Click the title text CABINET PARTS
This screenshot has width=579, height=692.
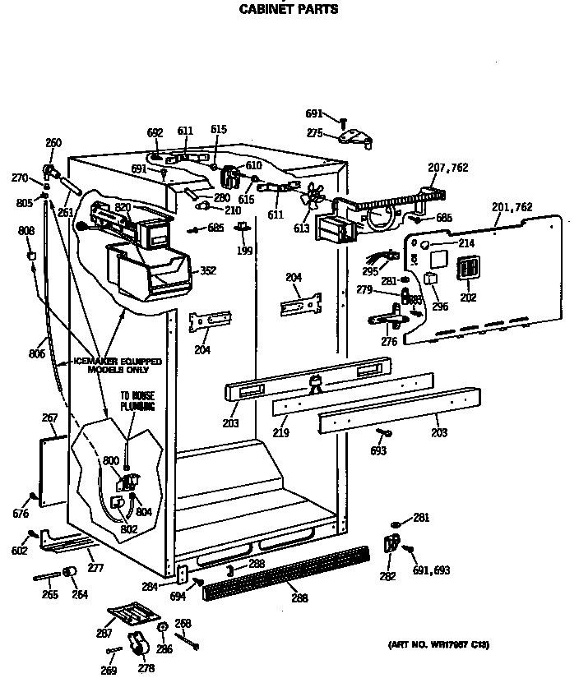[x=288, y=10]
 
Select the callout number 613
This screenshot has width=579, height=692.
[x=302, y=228]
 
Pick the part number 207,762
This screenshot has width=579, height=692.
[x=448, y=168]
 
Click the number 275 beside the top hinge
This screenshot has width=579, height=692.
[x=315, y=132]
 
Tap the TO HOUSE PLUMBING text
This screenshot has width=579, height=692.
[x=137, y=400]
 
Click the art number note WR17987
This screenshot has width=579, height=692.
[x=438, y=644]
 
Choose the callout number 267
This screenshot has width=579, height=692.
[x=49, y=418]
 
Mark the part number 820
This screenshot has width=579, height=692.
[x=123, y=208]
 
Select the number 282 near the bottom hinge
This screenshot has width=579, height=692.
[x=387, y=577]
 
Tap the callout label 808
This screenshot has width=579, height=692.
[x=27, y=232]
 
